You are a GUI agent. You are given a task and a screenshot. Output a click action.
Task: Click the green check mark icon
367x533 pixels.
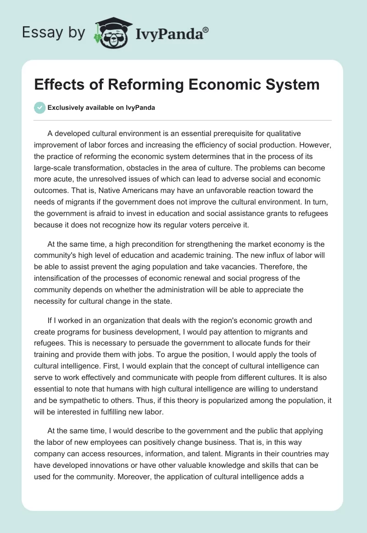tap(39, 108)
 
